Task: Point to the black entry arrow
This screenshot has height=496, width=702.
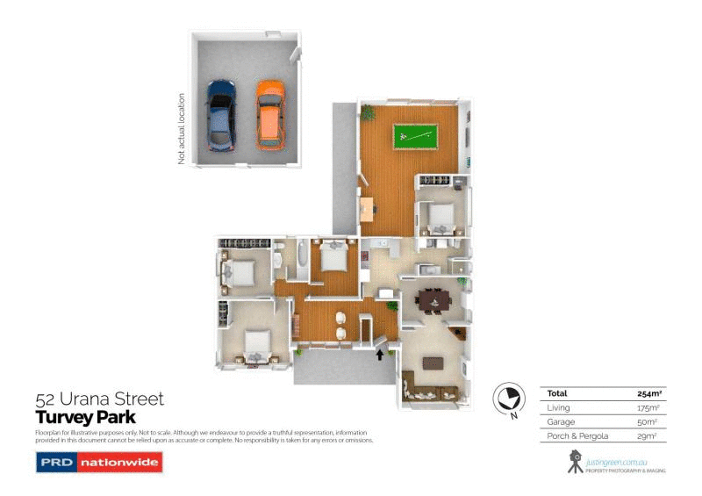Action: click(379, 355)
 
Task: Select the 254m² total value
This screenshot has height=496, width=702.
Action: click(648, 393)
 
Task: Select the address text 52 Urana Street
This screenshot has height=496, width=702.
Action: click(99, 399)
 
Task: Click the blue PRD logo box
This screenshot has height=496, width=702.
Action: click(55, 462)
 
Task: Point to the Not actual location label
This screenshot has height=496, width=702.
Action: click(182, 129)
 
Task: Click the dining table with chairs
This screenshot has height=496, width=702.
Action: click(433, 301)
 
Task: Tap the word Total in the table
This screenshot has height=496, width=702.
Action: click(556, 393)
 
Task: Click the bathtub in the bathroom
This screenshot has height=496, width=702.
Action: click(302, 260)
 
